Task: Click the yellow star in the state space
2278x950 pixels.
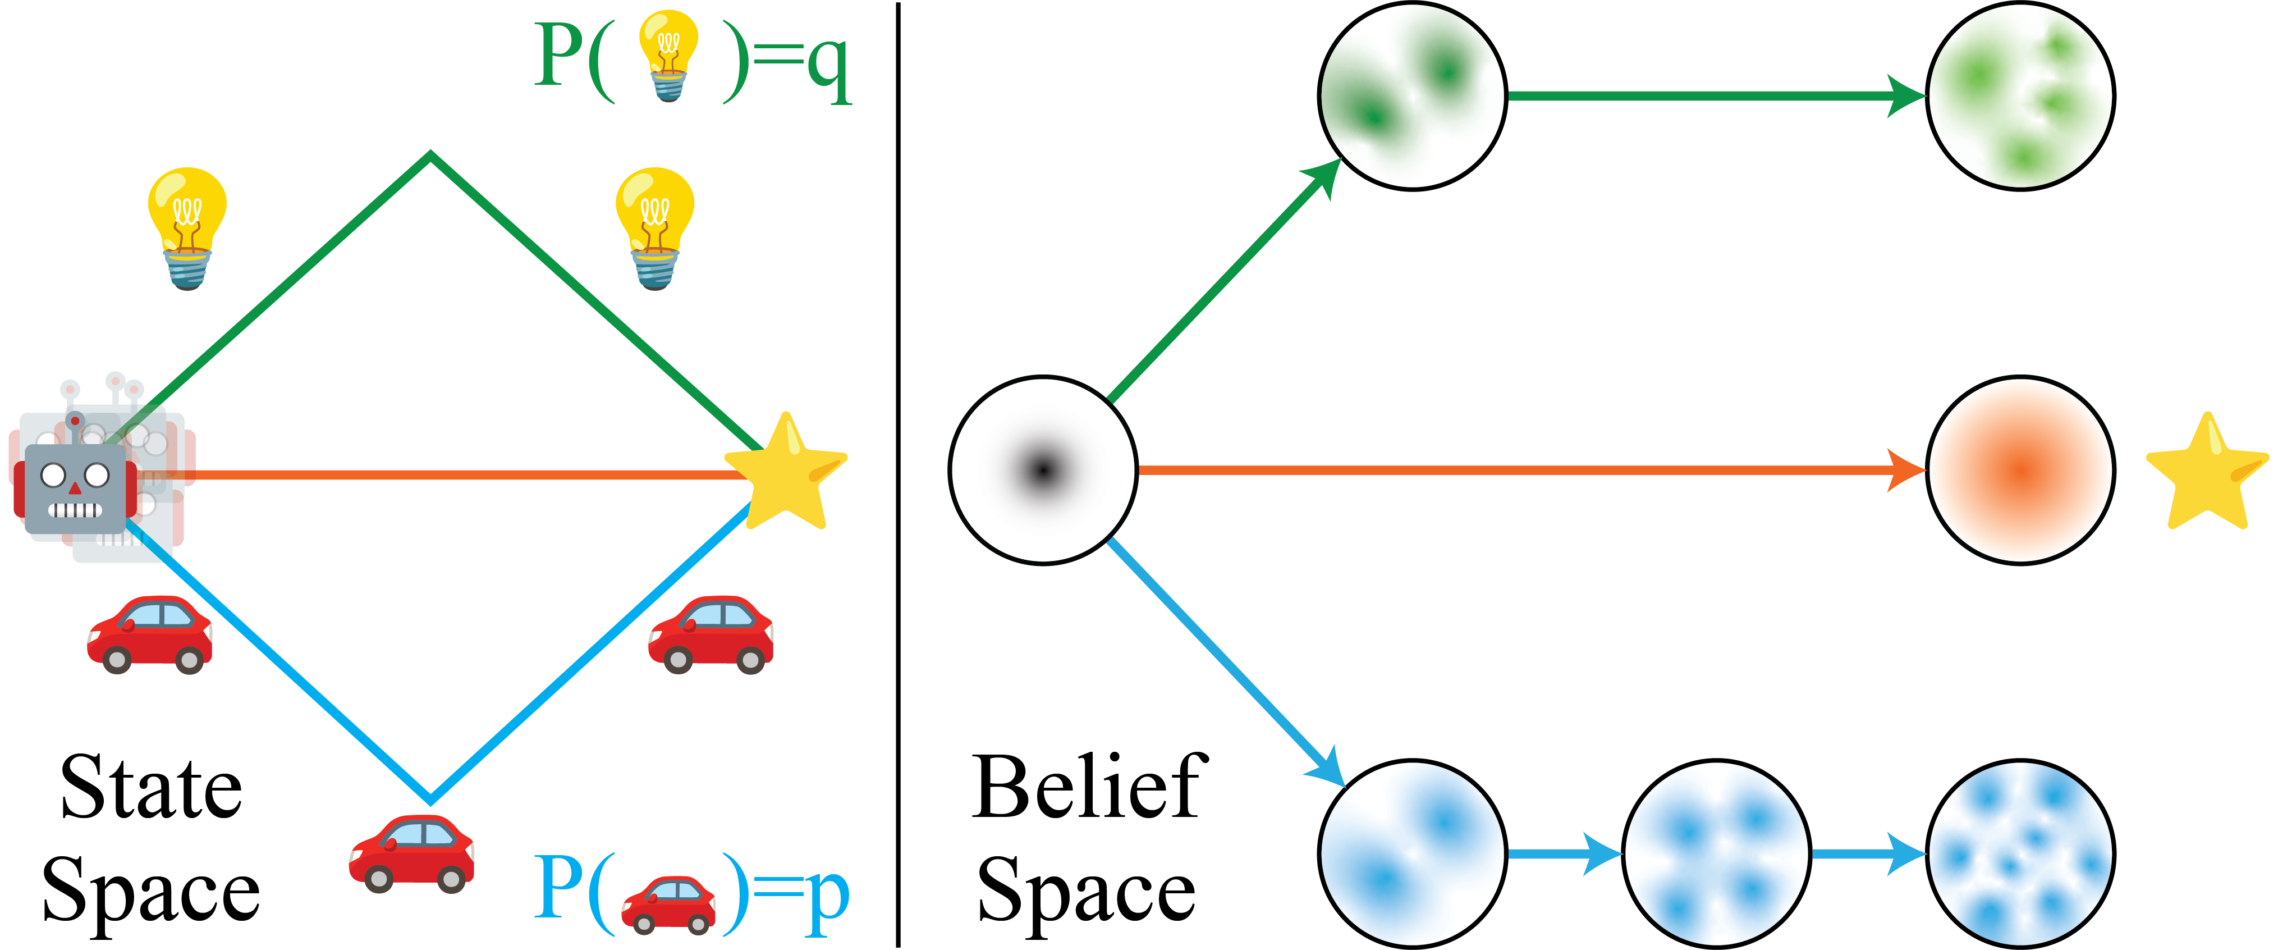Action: tap(785, 473)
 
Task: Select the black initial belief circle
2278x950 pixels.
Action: tap(1043, 470)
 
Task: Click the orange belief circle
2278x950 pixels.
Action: tap(2020, 470)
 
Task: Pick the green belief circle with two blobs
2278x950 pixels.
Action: tap(1412, 95)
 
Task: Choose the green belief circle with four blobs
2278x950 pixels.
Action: tap(2020, 95)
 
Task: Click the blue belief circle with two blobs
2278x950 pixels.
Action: tap(1412, 853)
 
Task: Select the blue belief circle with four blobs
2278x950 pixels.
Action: tap(1716, 853)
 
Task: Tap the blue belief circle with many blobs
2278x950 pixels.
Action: tap(2020, 853)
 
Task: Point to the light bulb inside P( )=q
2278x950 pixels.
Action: tap(668, 55)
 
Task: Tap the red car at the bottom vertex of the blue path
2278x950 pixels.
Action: tap(412, 853)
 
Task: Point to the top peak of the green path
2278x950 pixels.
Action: tap(430, 157)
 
